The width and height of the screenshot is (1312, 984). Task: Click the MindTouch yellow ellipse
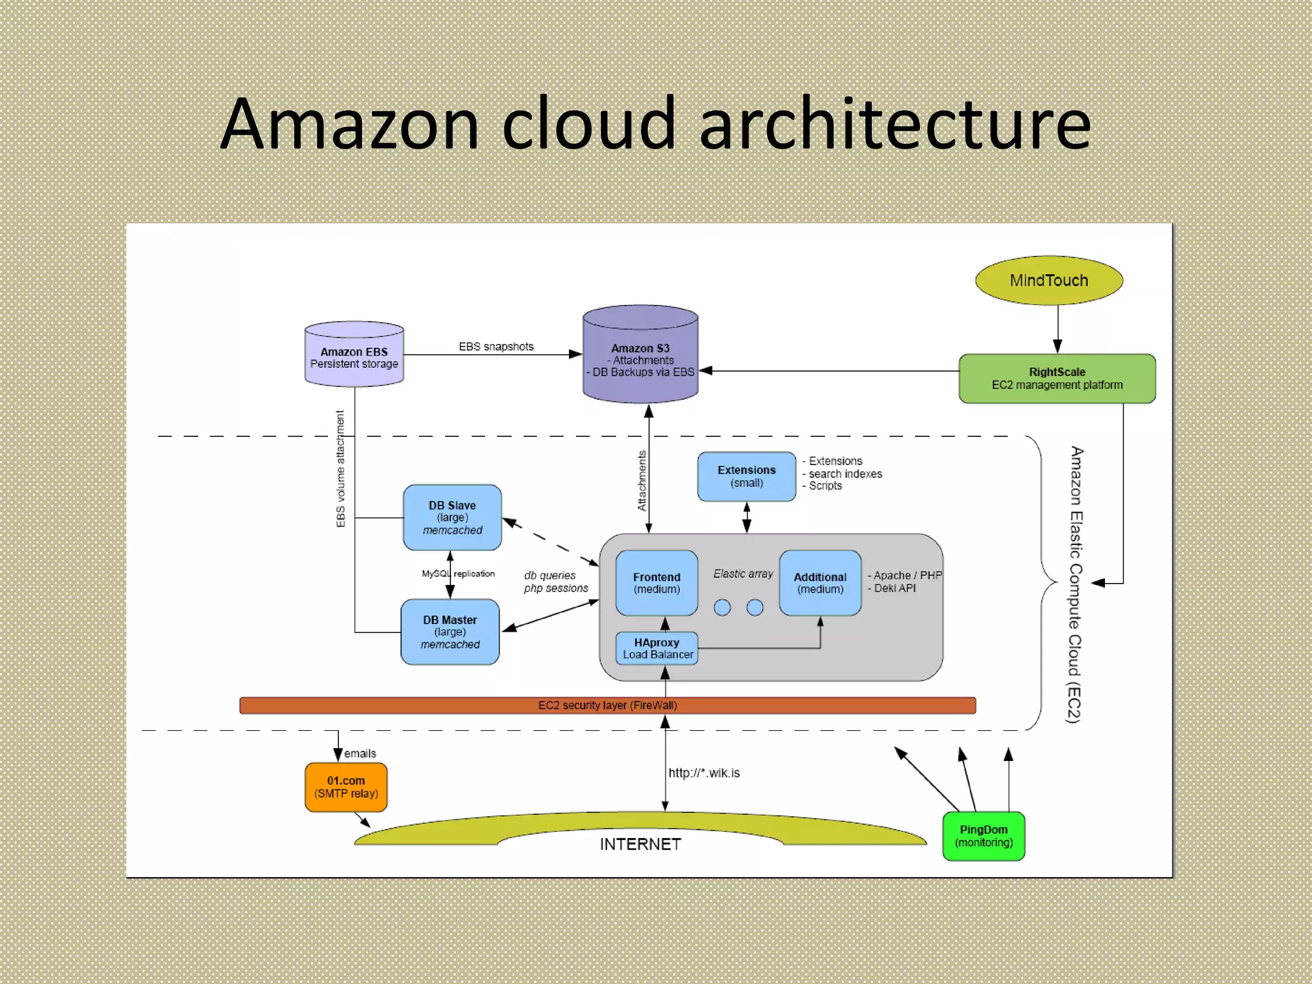1049,281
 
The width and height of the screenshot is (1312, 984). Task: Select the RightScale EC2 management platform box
1057,379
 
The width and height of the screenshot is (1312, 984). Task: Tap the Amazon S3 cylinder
640,359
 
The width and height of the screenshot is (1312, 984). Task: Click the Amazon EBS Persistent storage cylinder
354,357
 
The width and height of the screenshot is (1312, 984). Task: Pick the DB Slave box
452,518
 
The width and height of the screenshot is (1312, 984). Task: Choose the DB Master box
450,632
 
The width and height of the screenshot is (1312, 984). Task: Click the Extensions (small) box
746,477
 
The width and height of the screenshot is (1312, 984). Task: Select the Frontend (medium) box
657,583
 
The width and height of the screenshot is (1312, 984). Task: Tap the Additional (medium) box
820,583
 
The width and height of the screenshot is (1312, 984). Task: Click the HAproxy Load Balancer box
657,648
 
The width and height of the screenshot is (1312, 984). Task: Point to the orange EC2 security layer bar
607,705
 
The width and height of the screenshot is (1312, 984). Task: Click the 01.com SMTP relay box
346,787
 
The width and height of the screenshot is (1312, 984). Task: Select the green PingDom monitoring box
983,836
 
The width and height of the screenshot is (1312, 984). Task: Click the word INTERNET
640,844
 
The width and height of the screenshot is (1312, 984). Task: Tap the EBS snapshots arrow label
496,347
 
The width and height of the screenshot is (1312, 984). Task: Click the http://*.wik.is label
704,773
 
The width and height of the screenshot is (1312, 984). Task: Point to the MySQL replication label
458,574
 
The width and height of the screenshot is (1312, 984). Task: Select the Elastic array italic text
743,574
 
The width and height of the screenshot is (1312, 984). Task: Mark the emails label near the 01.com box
360,754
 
